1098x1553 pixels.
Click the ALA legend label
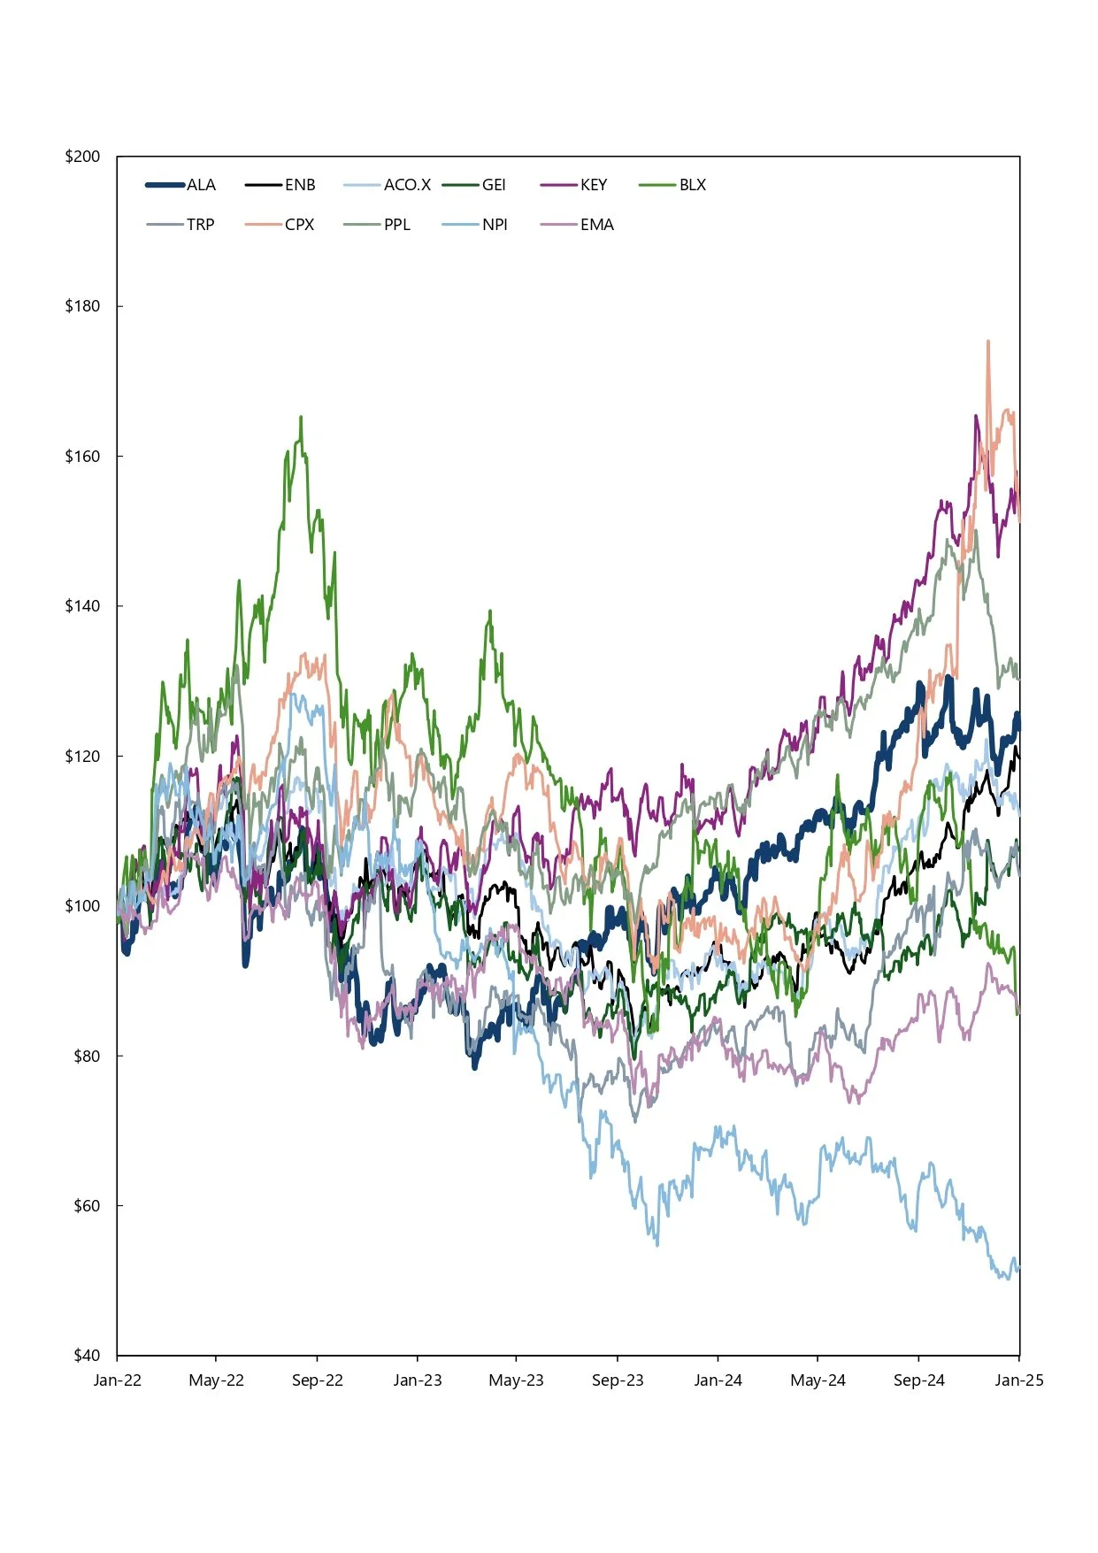tap(201, 185)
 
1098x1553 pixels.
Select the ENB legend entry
tap(300, 185)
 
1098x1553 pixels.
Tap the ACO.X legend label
tap(407, 185)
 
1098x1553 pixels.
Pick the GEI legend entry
tap(494, 185)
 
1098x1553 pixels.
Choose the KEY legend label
tap(594, 185)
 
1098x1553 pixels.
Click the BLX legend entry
tap(693, 185)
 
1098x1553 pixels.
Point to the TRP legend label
tap(201, 225)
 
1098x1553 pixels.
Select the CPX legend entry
tap(300, 225)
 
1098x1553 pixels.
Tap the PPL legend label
tap(397, 225)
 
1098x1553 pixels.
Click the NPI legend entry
tap(495, 225)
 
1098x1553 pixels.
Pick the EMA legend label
tap(597, 225)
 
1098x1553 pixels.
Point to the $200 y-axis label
tap(82, 157)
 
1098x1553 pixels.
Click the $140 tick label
tap(82, 606)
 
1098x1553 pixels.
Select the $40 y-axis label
tap(87, 1355)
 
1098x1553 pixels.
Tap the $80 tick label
tap(87, 1056)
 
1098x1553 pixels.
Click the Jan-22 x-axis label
tap(117, 1380)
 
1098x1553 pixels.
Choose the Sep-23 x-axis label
tap(618, 1380)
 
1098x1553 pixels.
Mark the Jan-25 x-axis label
tap(1019, 1380)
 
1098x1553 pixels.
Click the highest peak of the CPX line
tap(987, 341)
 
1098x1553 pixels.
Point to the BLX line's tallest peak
tap(301, 417)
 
